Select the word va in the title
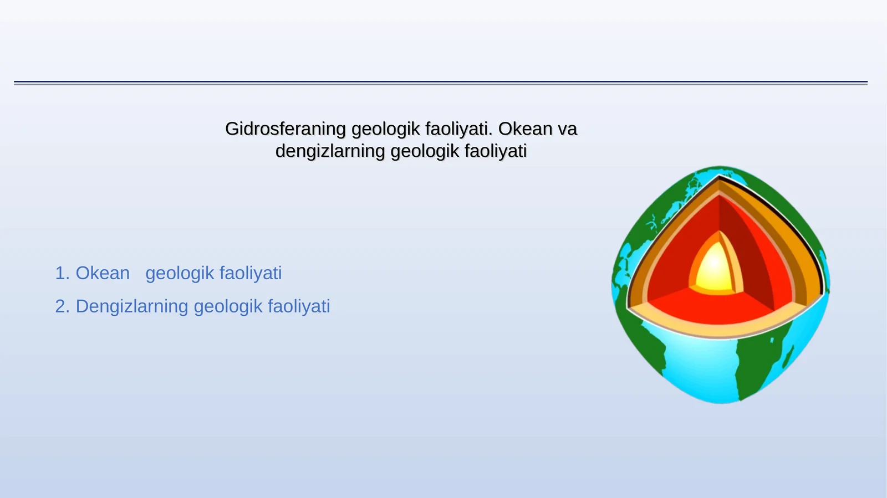(x=567, y=129)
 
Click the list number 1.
(x=61, y=273)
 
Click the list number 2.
(x=61, y=306)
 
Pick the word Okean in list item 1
(x=103, y=273)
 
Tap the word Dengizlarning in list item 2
(x=131, y=306)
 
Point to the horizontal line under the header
(x=441, y=83)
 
